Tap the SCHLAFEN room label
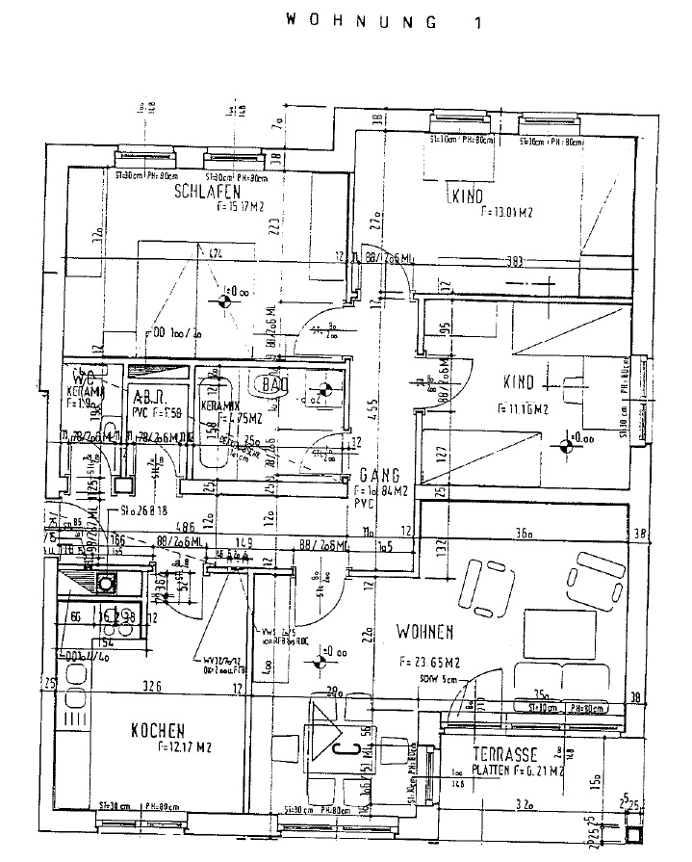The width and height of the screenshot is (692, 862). tap(206, 192)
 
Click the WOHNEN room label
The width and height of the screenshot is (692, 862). tap(424, 632)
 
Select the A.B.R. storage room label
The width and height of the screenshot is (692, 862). tap(148, 396)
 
